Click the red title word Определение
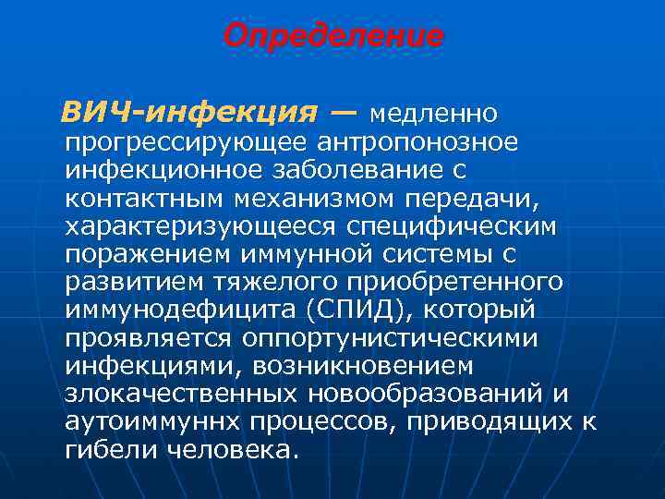pos(333,37)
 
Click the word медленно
pos(433,114)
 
